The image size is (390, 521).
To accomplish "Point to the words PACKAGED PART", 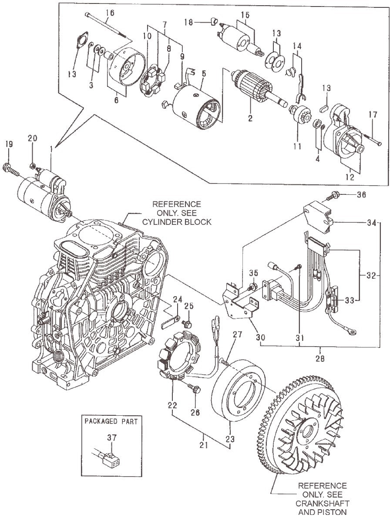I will (x=111, y=421).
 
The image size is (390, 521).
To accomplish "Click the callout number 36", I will (x=362, y=194).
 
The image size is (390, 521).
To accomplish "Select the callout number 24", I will (x=177, y=299).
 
